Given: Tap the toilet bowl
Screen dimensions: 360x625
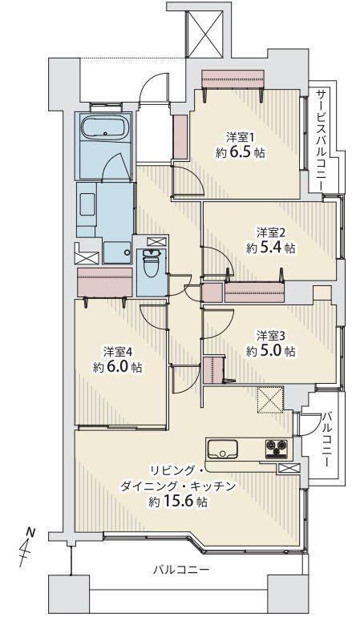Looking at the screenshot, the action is click(152, 264).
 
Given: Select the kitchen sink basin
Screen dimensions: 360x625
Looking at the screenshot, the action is click(222, 450).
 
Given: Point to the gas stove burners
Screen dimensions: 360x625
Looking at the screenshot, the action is click(277, 449).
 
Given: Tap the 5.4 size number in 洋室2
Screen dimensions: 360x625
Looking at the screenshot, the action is click(272, 248).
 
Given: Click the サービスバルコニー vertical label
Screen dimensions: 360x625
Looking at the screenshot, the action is click(322, 139).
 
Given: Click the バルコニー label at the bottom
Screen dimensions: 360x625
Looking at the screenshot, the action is click(181, 569).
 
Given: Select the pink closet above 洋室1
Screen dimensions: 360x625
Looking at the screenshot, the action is click(233, 79).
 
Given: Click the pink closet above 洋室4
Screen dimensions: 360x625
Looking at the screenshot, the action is click(105, 281).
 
